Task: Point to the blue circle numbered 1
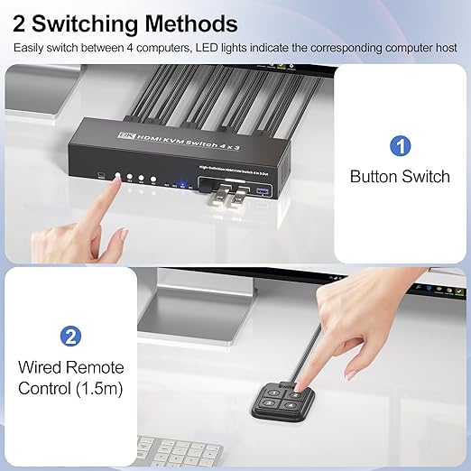point(400,145)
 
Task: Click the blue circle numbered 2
point(69,337)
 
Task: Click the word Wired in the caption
point(41,367)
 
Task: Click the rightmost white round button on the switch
point(154,180)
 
